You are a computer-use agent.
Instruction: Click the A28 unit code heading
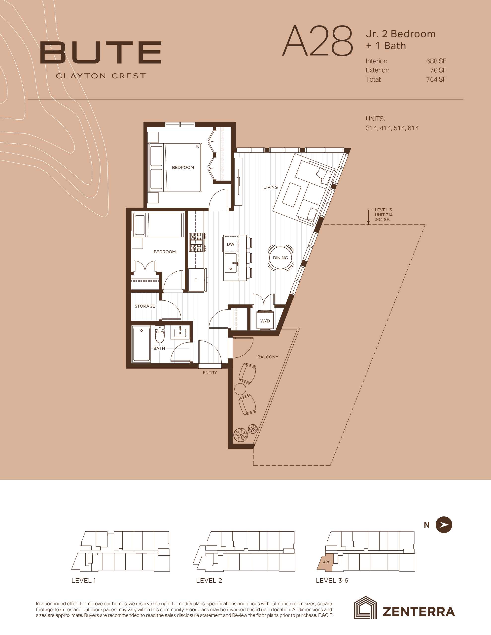(x=317, y=41)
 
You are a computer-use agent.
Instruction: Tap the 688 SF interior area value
(x=436, y=61)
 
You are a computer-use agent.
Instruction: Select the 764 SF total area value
(x=436, y=79)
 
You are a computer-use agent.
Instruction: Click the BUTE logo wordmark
(x=101, y=52)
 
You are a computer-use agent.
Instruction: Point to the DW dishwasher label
(x=231, y=244)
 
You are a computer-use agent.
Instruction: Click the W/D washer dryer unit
(x=265, y=320)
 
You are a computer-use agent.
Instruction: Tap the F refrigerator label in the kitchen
(x=196, y=280)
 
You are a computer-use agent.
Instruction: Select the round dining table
(x=280, y=258)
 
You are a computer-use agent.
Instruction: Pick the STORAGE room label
(x=145, y=306)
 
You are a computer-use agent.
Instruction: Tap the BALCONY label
(x=268, y=357)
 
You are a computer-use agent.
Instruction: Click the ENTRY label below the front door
(x=210, y=373)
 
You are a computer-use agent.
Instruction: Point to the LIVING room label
(x=271, y=188)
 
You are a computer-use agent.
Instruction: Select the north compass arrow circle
(x=444, y=525)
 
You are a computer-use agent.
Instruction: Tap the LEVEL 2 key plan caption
(x=209, y=581)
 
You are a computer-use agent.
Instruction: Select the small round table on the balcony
(x=240, y=388)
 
